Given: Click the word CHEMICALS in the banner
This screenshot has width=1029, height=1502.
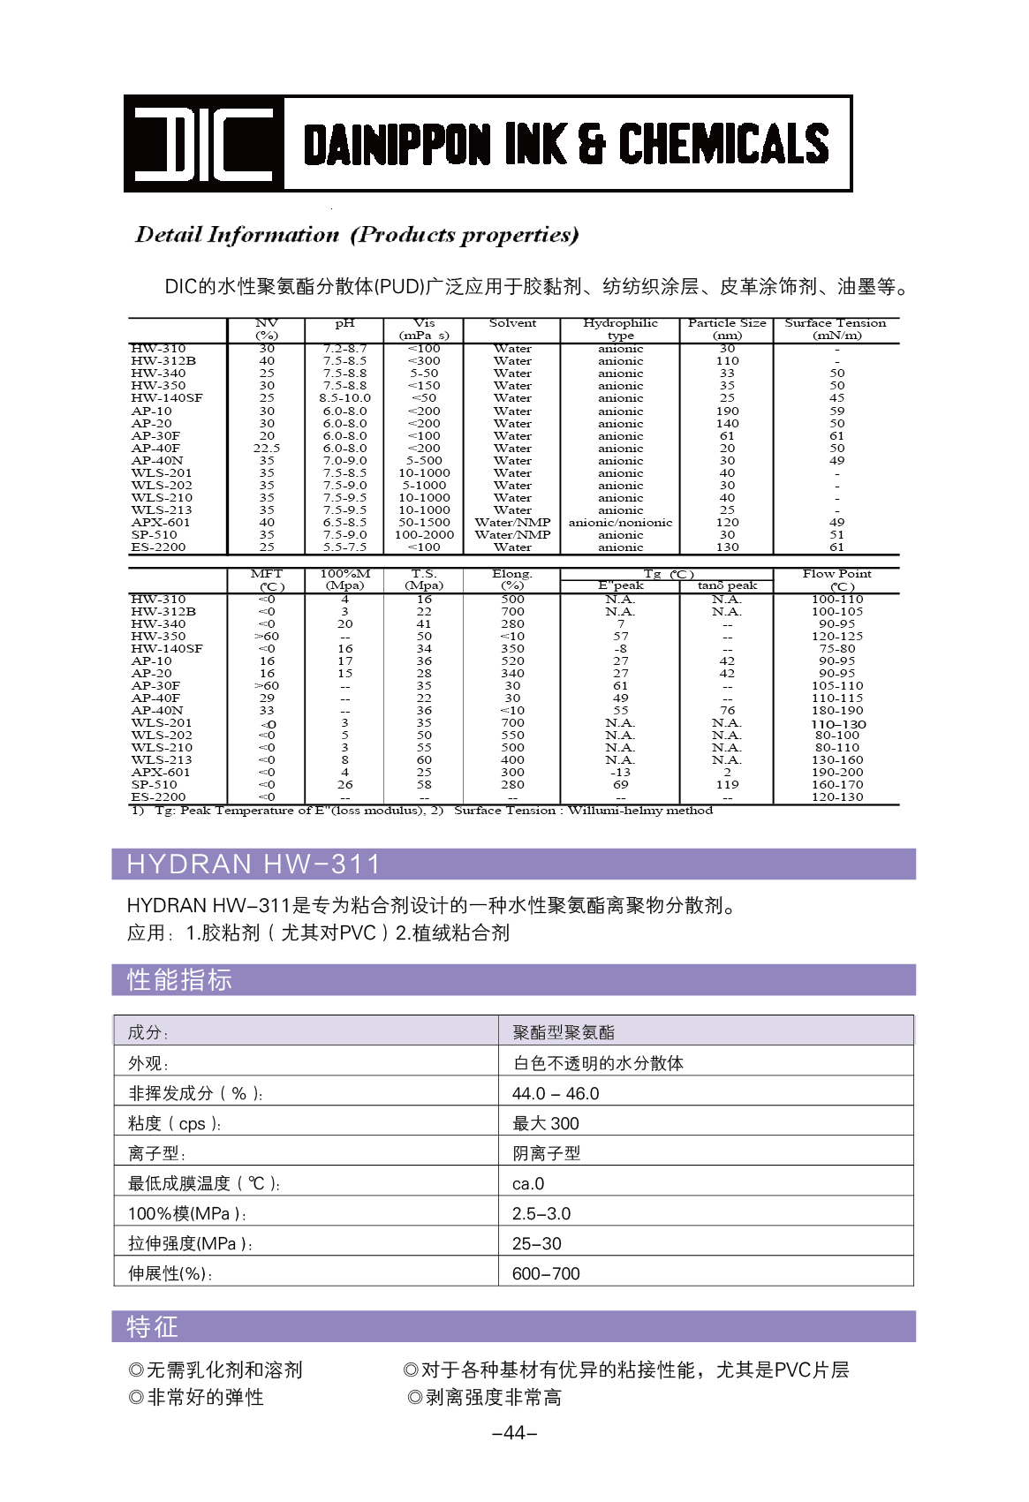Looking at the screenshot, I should point(723,144).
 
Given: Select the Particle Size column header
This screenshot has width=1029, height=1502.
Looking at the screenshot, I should point(727,329).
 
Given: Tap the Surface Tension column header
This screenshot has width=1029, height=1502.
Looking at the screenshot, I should point(836,329).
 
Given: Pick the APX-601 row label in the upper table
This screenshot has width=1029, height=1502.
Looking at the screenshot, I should point(161,523).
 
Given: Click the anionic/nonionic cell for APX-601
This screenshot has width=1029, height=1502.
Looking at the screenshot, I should point(620,523).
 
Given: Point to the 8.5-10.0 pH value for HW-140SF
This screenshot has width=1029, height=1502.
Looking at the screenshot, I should point(345,398).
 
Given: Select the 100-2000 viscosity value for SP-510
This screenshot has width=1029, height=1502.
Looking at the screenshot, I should point(424,535).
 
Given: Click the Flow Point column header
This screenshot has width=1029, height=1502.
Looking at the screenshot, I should point(836,580).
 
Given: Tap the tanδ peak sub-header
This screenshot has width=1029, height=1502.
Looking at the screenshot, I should point(727,585).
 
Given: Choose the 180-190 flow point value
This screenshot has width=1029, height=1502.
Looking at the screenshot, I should point(837,711).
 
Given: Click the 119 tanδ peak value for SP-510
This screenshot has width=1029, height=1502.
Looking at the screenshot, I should point(727,785).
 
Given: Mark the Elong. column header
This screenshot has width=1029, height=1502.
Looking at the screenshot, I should point(512,580).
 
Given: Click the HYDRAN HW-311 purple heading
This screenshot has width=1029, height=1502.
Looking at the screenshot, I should point(254,864).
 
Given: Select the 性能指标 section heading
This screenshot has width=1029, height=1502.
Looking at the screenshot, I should point(179,980).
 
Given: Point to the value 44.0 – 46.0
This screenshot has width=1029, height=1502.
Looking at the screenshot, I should point(556,1094).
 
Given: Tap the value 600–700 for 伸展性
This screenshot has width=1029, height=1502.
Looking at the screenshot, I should point(546,1274).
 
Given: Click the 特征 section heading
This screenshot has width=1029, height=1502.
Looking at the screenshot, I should point(152,1327).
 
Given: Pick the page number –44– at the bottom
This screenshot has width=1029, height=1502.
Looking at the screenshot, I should point(514,1433).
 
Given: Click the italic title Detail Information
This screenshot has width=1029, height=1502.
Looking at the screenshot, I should point(237,235).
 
